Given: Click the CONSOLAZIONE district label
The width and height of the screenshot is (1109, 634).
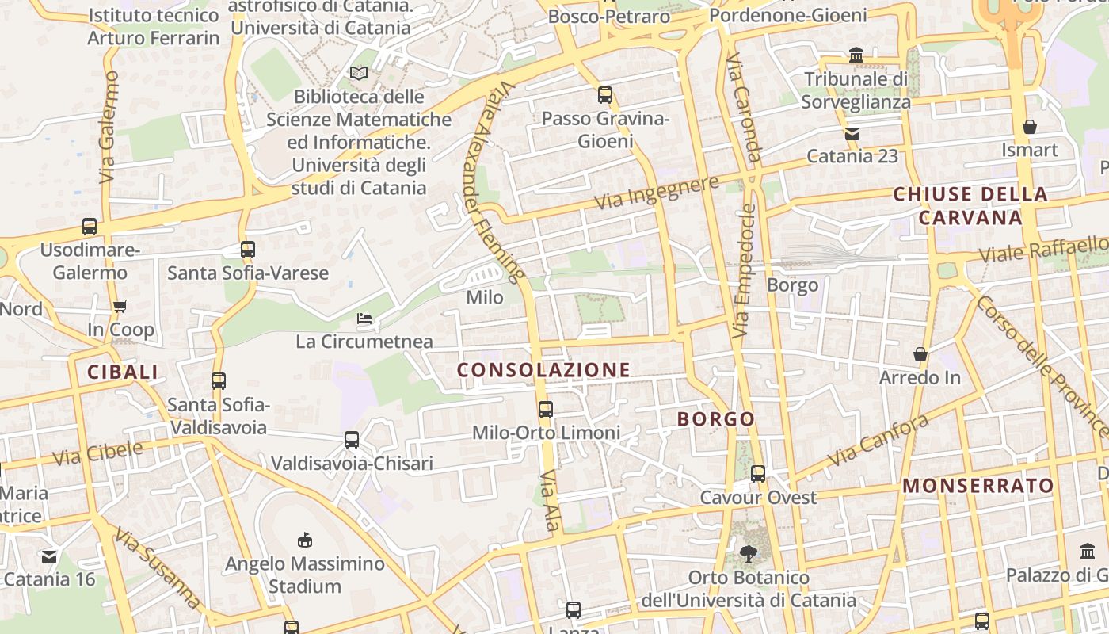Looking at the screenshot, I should pyautogui.click(x=543, y=370).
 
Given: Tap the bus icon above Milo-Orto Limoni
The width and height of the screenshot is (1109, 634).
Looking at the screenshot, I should pyautogui.click(x=546, y=410).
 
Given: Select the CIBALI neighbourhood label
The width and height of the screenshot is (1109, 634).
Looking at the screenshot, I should pyautogui.click(x=123, y=372).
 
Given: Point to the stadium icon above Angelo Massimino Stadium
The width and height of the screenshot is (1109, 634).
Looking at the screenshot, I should pyautogui.click(x=304, y=540).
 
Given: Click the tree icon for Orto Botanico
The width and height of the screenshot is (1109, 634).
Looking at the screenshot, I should pyautogui.click(x=748, y=553).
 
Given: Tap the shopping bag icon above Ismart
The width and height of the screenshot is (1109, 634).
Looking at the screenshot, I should pyautogui.click(x=1030, y=127).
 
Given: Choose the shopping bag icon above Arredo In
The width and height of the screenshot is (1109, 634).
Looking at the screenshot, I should pyautogui.click(x=920, y=353).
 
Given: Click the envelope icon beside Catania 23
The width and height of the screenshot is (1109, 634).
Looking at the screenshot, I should pyautogui.click(x=852, y=134).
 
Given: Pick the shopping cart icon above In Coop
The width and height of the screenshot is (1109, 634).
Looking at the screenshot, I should pyautogui.click(x=120, y=306).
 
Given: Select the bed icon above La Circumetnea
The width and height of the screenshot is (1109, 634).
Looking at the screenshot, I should pyautogui.click(x=364, y=319).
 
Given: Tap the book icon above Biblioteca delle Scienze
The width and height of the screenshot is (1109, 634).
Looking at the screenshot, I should pyautogui.click(x=359, y=74).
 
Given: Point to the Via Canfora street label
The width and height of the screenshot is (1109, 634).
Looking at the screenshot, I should pyautogui.click(x=877, y=441).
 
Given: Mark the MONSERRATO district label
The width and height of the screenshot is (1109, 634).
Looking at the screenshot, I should pyautogui.click(x=978, y=486).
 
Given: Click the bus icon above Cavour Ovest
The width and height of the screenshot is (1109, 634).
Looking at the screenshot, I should pyautogui.click(x=758, y=474).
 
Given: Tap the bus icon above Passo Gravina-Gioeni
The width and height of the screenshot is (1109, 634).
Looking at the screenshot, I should pyautogui.click(x=605, y=96).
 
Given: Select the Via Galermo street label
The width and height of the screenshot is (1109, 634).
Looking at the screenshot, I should pyautogui.click(x=109, y=127).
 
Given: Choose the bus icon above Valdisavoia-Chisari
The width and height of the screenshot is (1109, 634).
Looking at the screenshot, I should pyautogui.click(x=352, y=440).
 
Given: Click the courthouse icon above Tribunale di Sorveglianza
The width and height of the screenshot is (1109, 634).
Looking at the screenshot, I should pyautogui.click(x=856, y=55).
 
